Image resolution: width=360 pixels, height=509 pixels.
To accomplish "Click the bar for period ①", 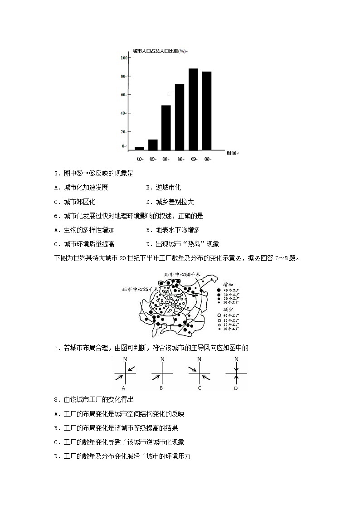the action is click(x=139, y=148).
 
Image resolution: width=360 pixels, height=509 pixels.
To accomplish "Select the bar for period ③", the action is click(x=166, y=127).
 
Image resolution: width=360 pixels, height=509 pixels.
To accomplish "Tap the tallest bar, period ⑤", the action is click(x=193, y=109).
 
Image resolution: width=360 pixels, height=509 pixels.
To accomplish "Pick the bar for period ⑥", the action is click(x=207, y=111).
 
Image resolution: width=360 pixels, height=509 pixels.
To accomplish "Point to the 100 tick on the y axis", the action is click(x=124, y=58).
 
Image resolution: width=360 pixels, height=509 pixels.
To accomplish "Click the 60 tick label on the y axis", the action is click(x=124, y=95).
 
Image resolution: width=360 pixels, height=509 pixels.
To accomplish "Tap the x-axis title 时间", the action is click(x=231, y=153).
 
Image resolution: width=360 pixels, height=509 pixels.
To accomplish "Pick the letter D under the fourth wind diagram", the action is click(x=236, y=388).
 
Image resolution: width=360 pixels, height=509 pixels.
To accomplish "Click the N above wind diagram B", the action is click(x=162, y=359).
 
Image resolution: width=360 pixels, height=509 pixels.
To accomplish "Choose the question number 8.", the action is click(x=56, y=399).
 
